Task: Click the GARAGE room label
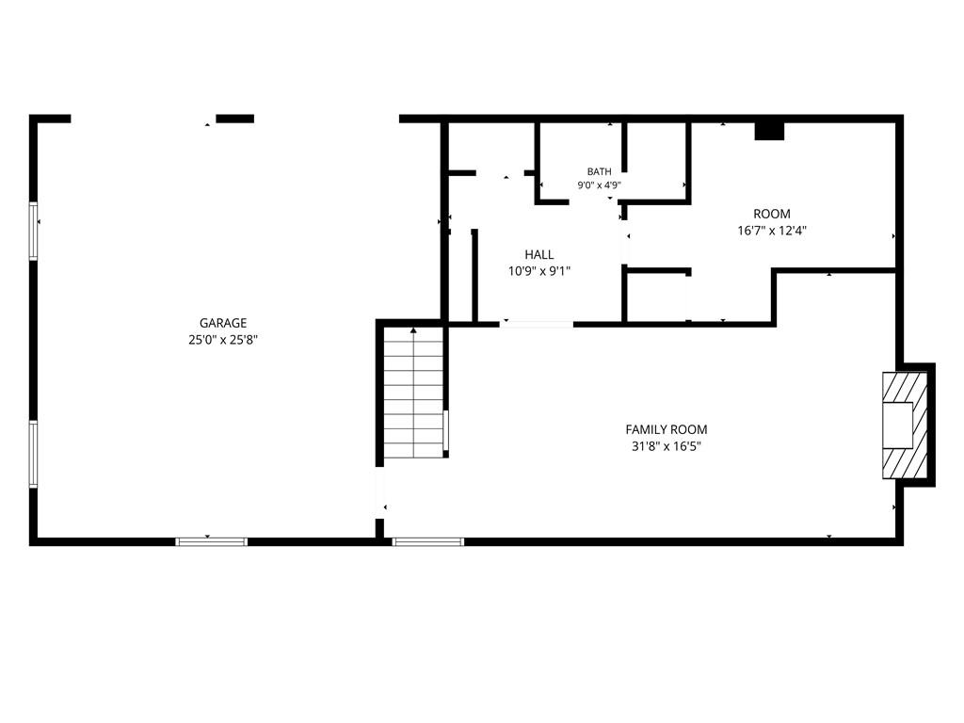point(223,323)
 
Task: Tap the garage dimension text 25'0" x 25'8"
point(223,339)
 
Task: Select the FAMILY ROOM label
point(667,429)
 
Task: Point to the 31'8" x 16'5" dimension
point(667,446)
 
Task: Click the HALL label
point(539,254)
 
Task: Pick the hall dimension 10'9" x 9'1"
point(539,271)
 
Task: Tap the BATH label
point(600,171)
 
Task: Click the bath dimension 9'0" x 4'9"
point(600,185)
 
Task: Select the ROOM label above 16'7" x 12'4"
point(772,214)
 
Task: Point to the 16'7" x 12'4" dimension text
point(772,231)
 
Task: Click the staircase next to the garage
point(414,393)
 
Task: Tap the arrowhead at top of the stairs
point(414,330)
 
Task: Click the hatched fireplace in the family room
point(905,426)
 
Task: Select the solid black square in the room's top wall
point(769,131)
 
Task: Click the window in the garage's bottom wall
point(212,541)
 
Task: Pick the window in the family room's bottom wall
point(428,541)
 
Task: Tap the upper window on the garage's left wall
point(34,232)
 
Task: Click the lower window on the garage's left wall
point(34,455)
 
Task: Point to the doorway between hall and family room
point(536,324)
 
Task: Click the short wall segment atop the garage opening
point(234,119)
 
